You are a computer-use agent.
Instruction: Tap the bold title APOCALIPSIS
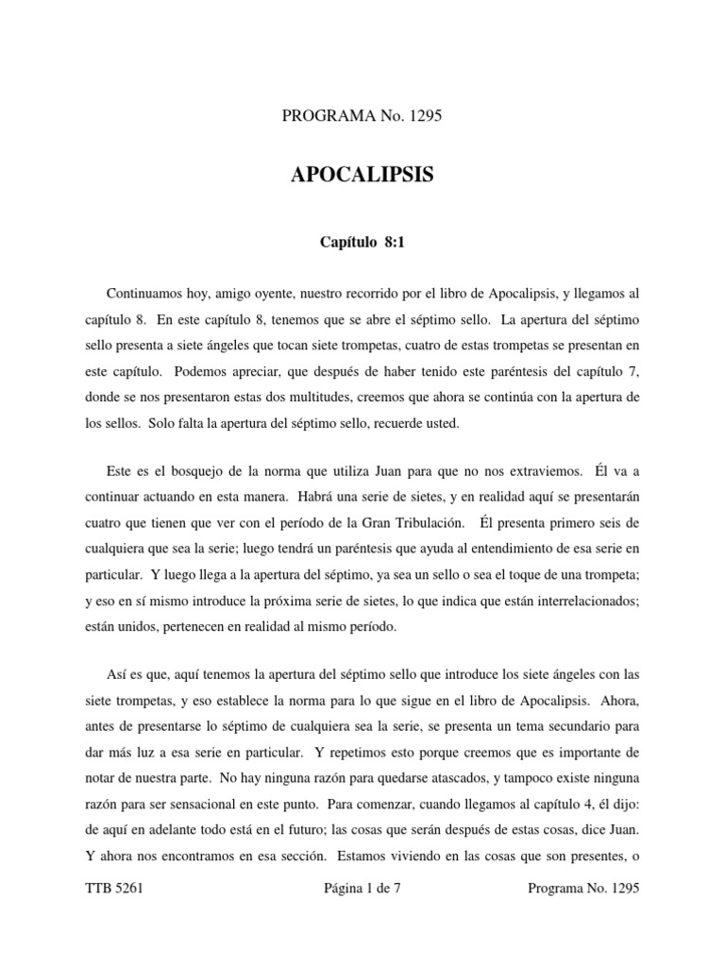point(362,177)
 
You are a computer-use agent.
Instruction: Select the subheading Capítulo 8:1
point(362,244)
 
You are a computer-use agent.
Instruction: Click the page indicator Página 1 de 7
point(362,890)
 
